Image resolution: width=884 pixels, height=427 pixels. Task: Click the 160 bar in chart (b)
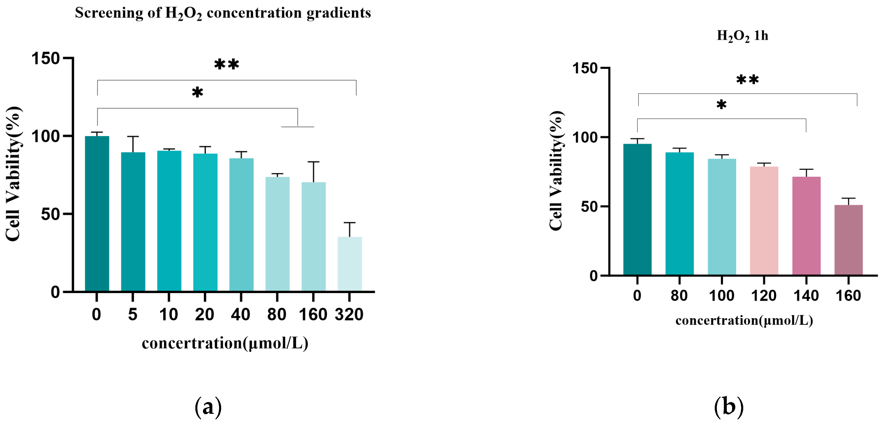click(848, 240)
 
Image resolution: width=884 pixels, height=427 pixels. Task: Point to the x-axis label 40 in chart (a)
click(240, 314)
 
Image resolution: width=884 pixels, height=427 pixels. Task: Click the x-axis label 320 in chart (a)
click(349, 314)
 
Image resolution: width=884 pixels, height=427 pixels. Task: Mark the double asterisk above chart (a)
click(226, 64)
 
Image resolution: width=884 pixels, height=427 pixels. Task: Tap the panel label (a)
click(208, 407)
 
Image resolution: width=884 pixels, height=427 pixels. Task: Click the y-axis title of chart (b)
click(556, 171)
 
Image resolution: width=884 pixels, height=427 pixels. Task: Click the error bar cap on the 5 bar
click(133, 137)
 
